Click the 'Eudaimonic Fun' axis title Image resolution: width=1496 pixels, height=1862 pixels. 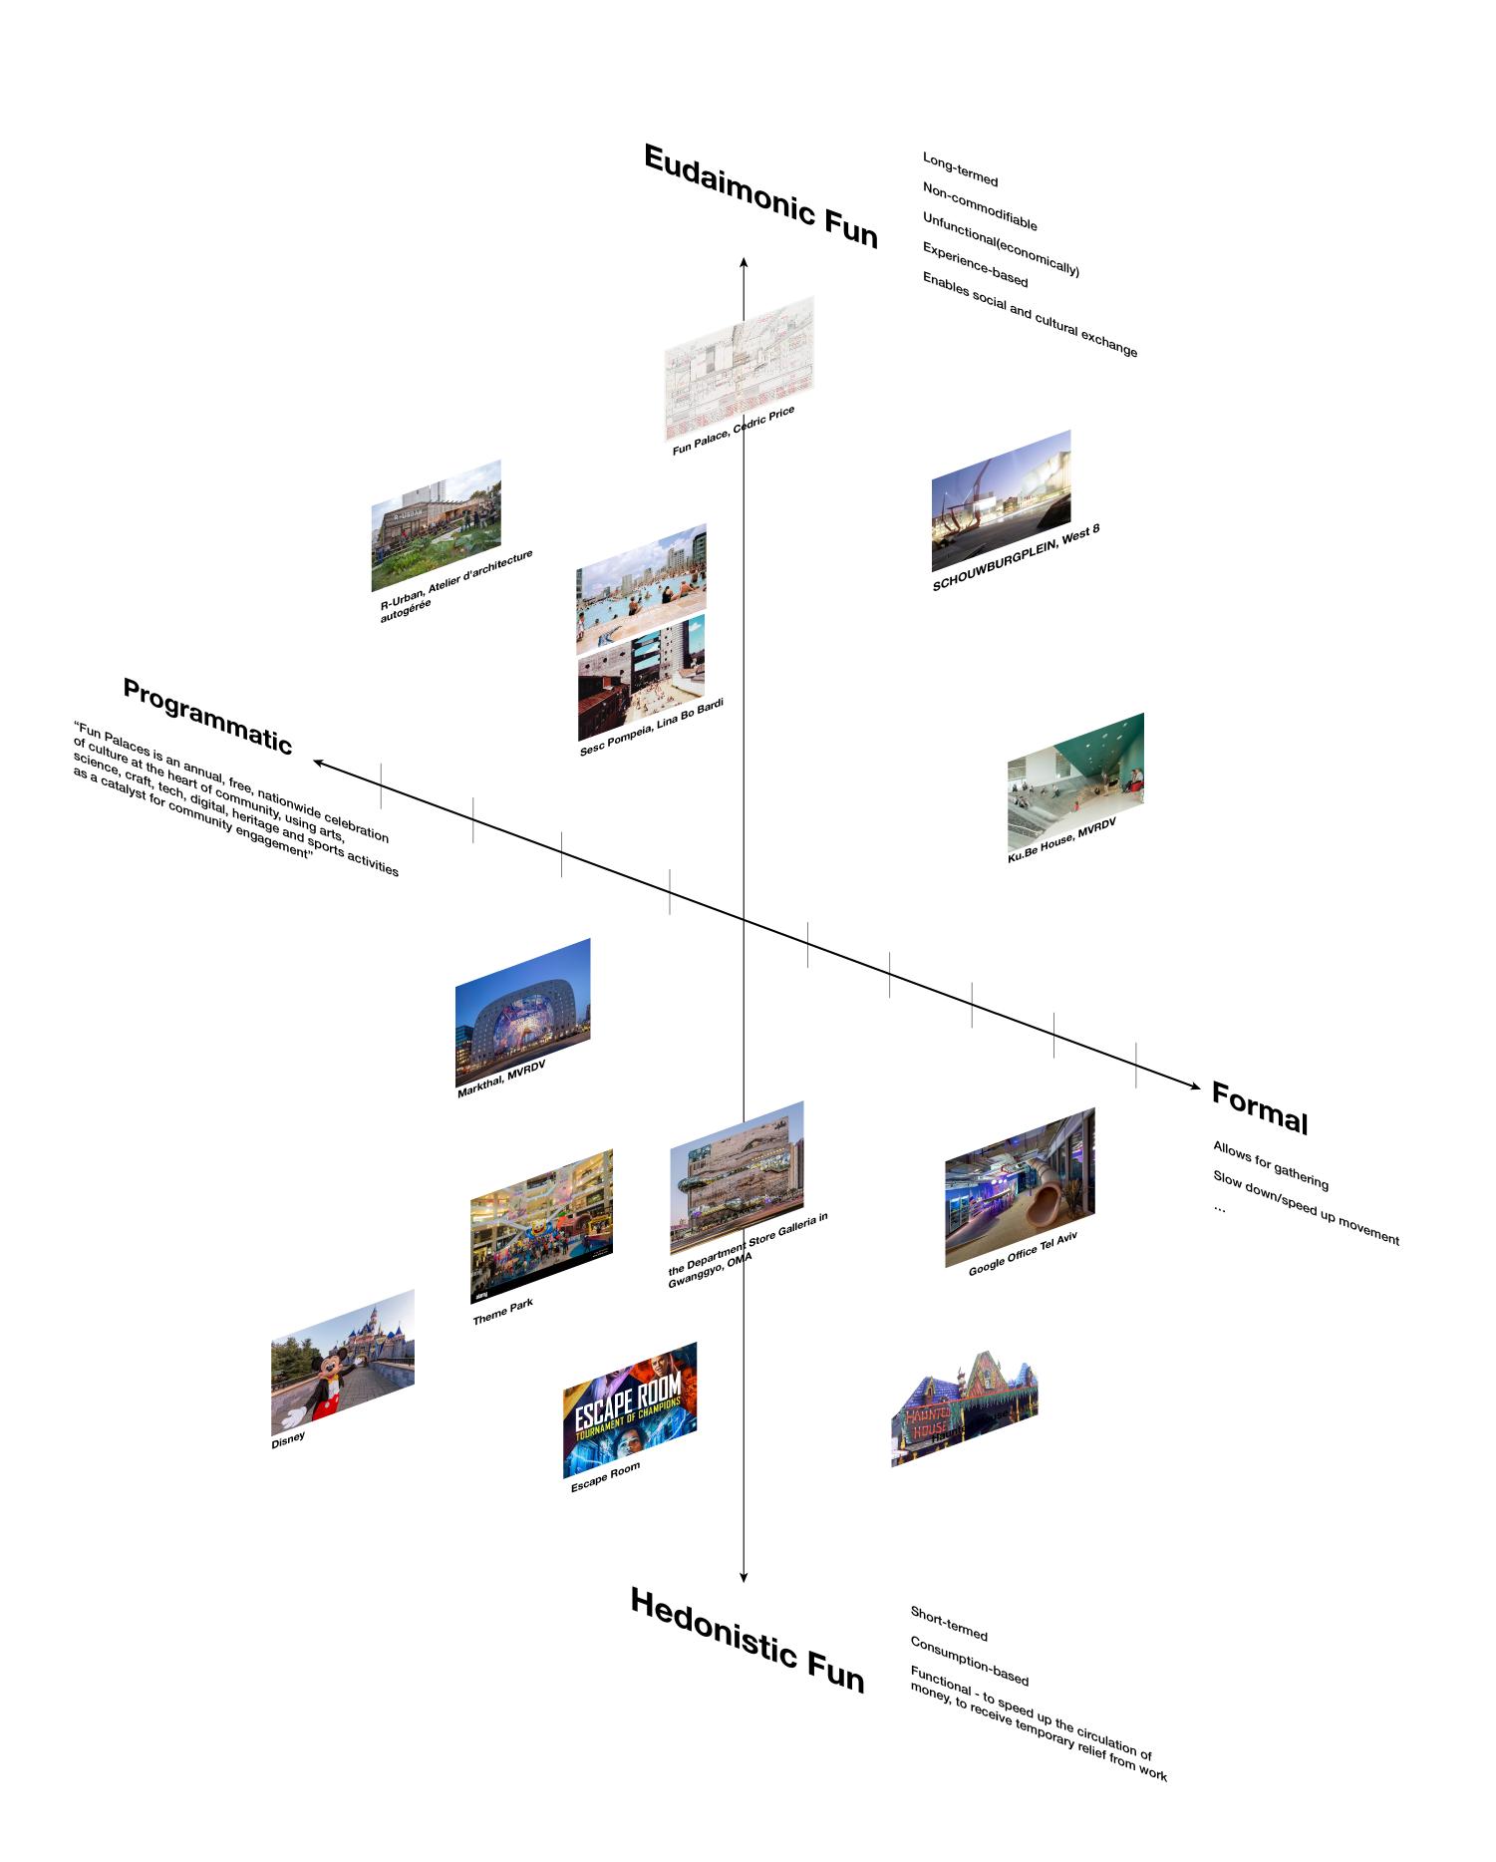760,197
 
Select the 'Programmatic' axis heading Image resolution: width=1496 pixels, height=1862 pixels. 207,716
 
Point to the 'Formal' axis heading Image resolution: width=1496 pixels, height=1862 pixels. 1259,1107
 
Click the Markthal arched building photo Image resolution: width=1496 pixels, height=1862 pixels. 522,1011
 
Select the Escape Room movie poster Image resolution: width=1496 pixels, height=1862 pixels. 629,1408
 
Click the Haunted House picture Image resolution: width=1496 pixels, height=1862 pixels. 963,1408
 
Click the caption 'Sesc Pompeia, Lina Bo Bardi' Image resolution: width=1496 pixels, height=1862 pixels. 651,728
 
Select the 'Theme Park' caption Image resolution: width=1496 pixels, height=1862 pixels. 502,1312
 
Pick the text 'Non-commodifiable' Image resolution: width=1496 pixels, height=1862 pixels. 980,206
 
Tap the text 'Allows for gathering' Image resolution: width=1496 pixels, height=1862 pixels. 1271,1166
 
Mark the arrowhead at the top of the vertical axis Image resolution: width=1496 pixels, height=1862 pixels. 744,261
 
